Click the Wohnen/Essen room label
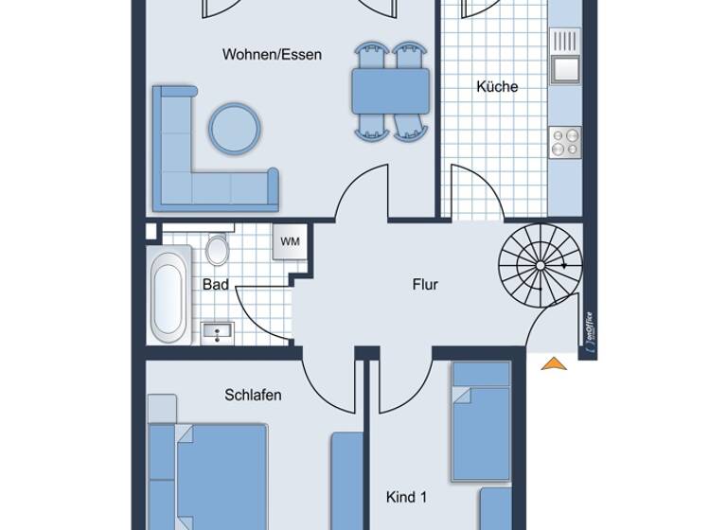click(x=272, y=55)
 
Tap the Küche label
click(x=497, y=87)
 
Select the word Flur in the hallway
click(x=425, y=284)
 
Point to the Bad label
click(x=215, y=284)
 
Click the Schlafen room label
click(x=253, y=395)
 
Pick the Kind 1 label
click(x=407, y=496)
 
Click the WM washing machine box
click(x=290, y=241)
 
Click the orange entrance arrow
click(x=554, y=362)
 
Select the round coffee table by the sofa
click(x=233, y=128)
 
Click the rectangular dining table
click(x=390, y=91)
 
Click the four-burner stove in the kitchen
click(x=565, y=142)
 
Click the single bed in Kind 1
click(x=481, y=421)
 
